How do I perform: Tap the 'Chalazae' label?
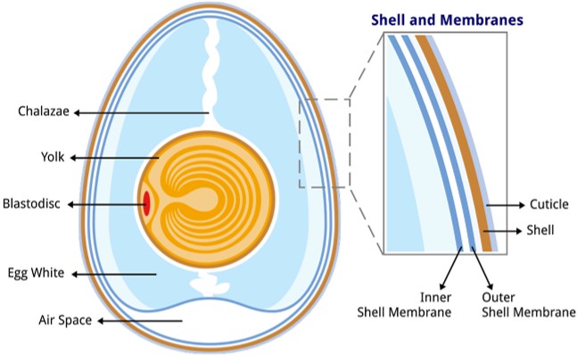[x=44, y=112]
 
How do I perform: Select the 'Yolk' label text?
[x=53, y=158]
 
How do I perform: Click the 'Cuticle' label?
[x=548, y=205]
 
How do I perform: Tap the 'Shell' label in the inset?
[x=540, y=230]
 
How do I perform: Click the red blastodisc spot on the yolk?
[x=145, y=203]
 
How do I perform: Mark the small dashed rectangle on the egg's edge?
[x=323, y=143]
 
